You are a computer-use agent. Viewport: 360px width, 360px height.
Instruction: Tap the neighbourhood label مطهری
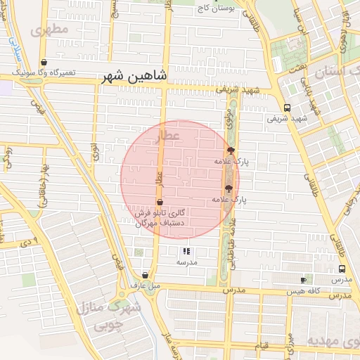[51, 30]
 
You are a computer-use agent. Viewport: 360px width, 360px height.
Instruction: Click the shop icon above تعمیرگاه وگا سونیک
[44, 62]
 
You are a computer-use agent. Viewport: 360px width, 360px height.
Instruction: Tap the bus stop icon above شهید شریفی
[287, 108]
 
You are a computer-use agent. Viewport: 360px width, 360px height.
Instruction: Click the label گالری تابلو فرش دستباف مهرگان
[162, 217]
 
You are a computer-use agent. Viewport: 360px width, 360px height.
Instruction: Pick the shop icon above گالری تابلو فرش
[160, 202]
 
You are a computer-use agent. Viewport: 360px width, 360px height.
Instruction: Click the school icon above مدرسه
[186, 250]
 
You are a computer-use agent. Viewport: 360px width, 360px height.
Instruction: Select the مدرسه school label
[186, 262]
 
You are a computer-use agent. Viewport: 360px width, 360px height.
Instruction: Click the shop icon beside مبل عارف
[145, 276]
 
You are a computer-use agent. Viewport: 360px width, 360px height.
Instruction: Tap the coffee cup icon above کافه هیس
[303, 280]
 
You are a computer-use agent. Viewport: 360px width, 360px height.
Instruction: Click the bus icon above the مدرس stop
[342, 269]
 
